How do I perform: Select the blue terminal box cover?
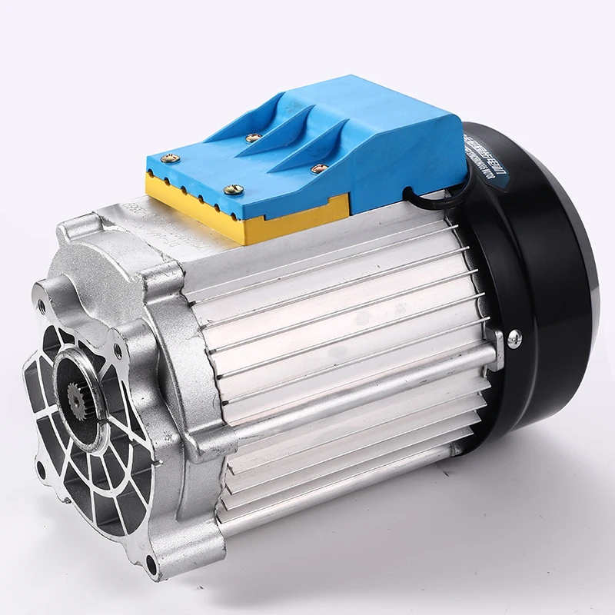pos(346,138)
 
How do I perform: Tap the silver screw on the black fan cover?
pos(514,336)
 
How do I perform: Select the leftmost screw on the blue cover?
pos(172,158)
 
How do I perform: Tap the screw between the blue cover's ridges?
pos(251,138)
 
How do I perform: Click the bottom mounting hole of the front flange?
pos(151,568)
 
